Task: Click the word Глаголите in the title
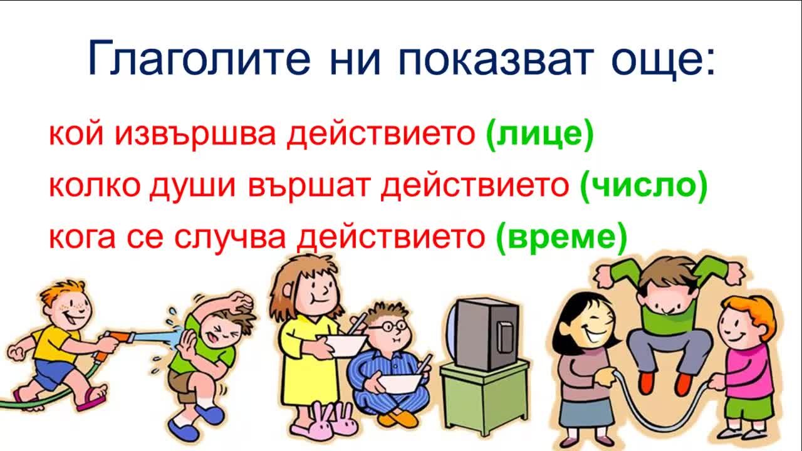point(199,58)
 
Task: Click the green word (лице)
point(539,135)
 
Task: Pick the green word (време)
point(562,237)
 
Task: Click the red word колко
point(95,186)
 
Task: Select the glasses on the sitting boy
point(388,326)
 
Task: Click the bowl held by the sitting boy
point(400,383)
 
